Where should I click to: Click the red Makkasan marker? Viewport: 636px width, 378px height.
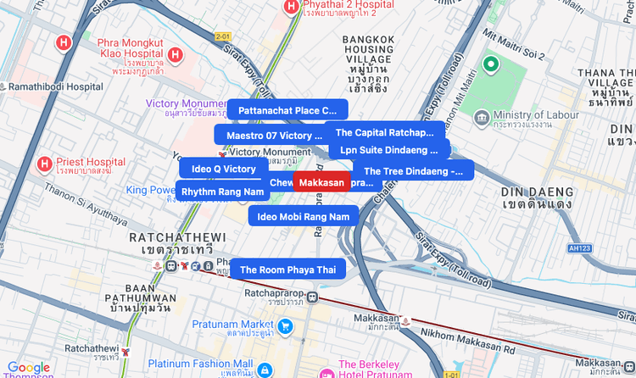click(x=321, y=182)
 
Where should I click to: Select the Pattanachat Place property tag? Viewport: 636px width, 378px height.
click(x=287, y=110)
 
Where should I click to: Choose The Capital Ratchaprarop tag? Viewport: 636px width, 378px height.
click(x=385, y=132)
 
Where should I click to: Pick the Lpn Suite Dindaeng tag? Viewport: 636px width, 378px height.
click(x=388, y=150)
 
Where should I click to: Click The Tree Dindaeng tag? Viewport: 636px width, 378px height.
click(x=413, y=171)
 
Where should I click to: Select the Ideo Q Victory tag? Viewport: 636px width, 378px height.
click(x=224, y=169)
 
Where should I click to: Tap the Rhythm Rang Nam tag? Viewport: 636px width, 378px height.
click(x=223, y=192)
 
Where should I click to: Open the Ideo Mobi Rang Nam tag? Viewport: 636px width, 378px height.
click(x=303, y=217)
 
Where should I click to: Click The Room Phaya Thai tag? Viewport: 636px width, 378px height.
click(x=287, y=270)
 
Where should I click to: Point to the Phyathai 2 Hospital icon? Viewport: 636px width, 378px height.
click(x=291, y=7)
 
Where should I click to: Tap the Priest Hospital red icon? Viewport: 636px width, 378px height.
click(x=44, y=163)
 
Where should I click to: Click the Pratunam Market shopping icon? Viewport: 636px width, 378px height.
click(x=286, y=325)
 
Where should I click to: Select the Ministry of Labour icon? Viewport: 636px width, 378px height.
click(x=481, y=115)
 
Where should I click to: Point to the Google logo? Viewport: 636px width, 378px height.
click(x=29, y=367)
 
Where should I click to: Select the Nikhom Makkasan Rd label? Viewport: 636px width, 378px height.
click(x=467, y=334)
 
